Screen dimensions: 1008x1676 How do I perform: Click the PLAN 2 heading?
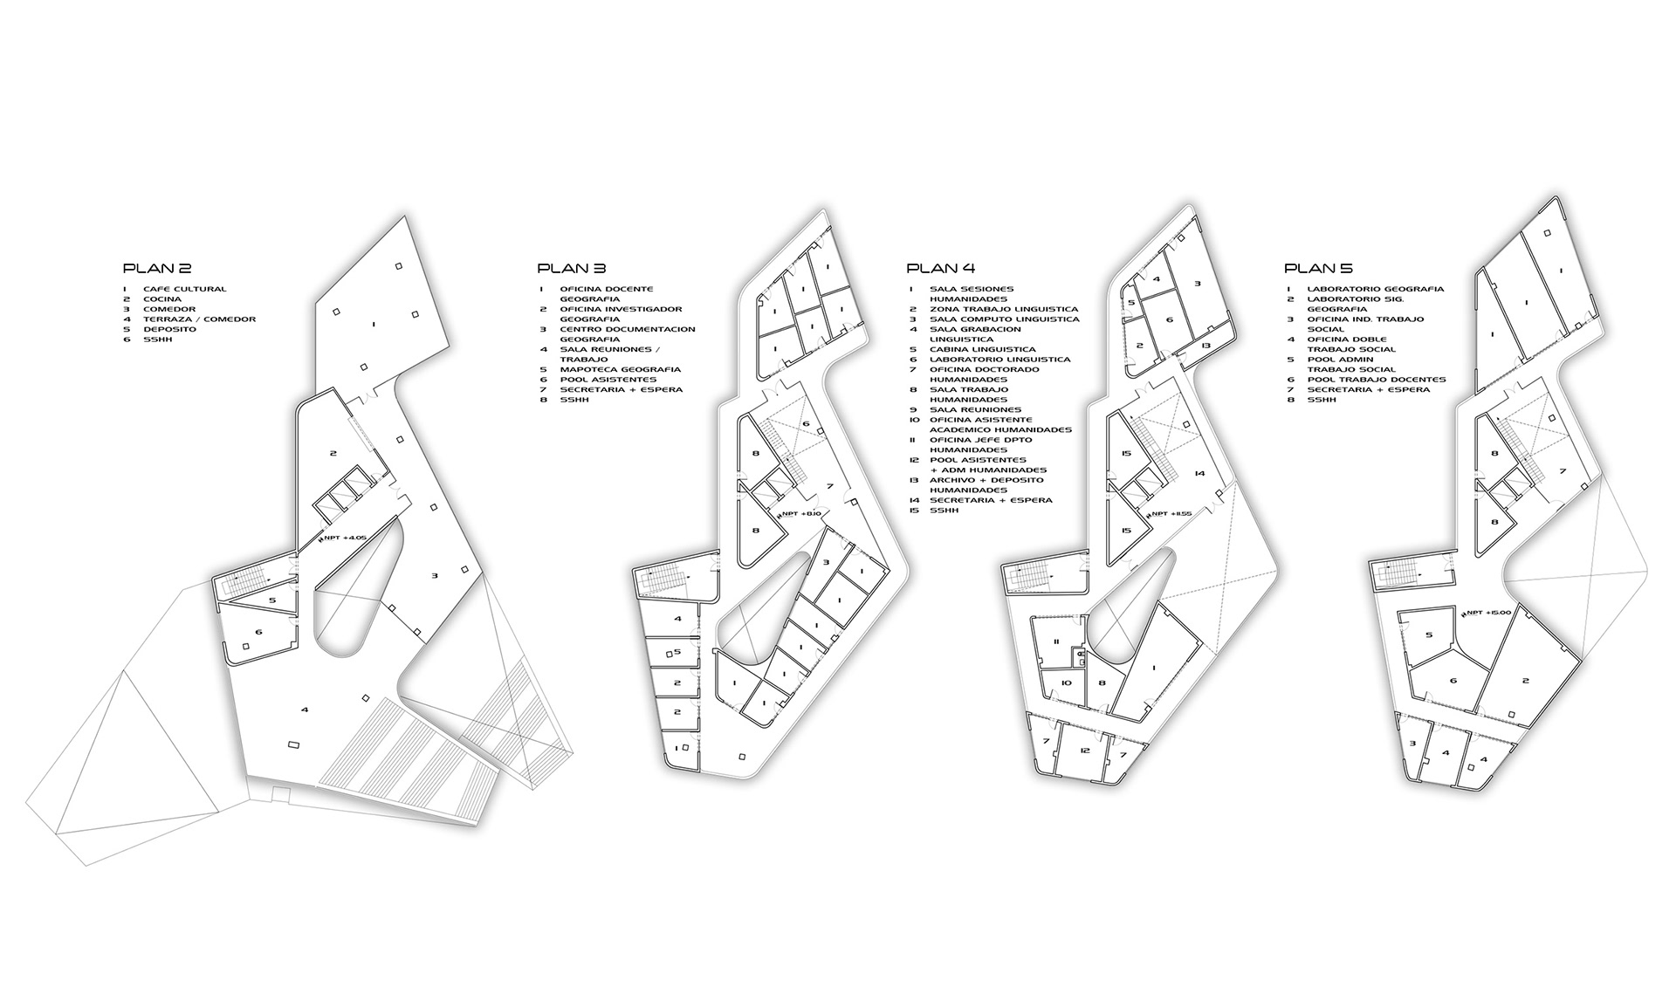point(156,269)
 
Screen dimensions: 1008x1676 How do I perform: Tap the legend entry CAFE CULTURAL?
point(184,289)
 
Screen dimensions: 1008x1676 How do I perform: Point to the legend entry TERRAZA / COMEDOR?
point(200,319)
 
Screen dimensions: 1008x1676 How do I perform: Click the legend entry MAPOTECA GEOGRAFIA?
point(621,369)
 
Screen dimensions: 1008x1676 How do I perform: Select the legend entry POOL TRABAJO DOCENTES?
point(1377,380)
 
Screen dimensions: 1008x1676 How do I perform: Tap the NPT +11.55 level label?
point(1171,514)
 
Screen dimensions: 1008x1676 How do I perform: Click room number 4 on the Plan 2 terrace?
point(305,710)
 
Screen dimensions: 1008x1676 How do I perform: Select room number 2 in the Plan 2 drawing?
point(333,453)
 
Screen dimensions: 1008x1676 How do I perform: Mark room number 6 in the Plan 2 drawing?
point(258,632)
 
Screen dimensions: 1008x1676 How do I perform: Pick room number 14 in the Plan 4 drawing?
point(1200,474)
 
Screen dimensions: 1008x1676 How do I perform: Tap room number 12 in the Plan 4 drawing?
point(1085,751)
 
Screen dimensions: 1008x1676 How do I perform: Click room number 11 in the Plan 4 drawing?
point(1056,642)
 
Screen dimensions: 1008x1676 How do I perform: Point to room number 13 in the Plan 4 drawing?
point(1205,346)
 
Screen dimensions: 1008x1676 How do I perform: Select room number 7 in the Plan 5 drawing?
point(1562,471)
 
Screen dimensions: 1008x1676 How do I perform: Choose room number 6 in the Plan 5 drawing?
point(1453,681)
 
